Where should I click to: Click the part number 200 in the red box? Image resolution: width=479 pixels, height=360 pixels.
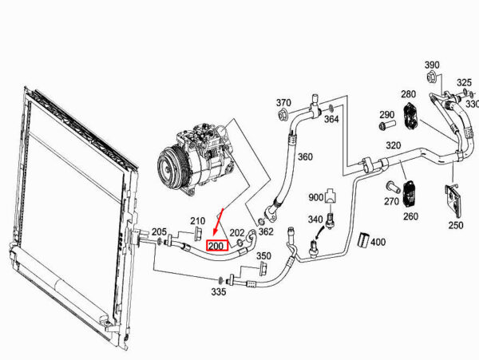click(x=217, y=246)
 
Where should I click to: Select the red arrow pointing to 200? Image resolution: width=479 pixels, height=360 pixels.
click(x=218, y=222)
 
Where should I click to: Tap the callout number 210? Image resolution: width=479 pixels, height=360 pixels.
click(x=198, y=220)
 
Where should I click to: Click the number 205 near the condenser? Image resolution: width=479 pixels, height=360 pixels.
click(x=159, y=231)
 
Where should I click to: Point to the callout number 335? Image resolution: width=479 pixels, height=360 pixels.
click(x=219, y=292)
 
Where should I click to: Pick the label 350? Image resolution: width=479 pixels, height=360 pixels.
click(x=263, y=255)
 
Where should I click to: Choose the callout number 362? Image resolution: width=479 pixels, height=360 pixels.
click(x=266, y=231)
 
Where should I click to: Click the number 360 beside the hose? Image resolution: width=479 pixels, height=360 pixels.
click(x=305, y=156)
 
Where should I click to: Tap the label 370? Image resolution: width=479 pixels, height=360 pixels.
click(x=283, y=103)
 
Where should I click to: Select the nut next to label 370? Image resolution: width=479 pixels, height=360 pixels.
click(x=283, y=116)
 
